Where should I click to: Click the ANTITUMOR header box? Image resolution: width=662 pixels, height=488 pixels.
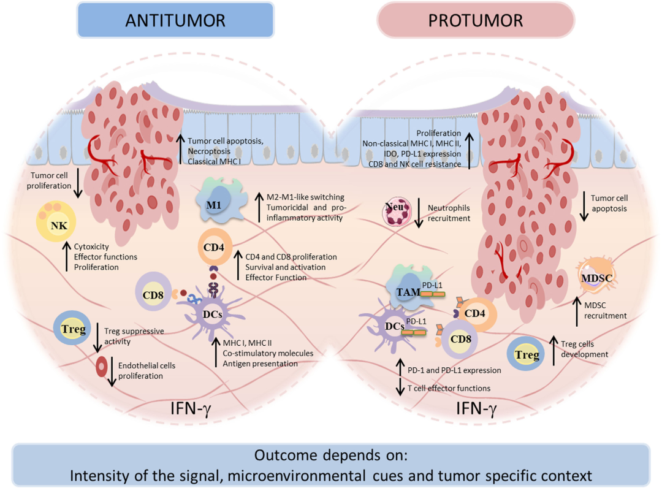pyautogui.click(x=175, y=20)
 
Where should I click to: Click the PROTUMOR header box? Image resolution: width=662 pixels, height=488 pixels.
pyautogui.click(x=476, y=20)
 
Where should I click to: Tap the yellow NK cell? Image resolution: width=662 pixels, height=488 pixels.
pyautogui.click(x=59, y=226)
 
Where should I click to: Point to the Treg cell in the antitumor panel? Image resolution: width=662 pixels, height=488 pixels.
pyautogui.click(x=69, y=329)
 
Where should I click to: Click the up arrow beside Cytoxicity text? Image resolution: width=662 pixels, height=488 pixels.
pyautogui.click(x=66, y=257)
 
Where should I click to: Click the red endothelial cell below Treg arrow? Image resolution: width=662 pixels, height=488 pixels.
pyautogui.click(x=101, y=367)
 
